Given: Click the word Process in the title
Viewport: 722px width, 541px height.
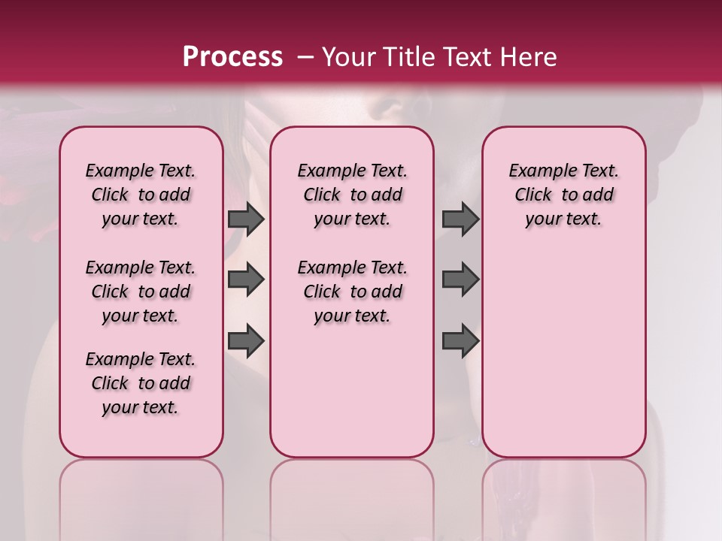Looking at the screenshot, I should coord(232,56).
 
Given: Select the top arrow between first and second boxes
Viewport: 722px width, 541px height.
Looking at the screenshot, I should coord(246,219).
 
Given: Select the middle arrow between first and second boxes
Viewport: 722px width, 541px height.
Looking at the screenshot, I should coord(246,280).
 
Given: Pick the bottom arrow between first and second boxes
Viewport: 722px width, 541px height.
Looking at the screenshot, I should coord(246,341).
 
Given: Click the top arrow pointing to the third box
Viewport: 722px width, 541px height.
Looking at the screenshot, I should coord(460,219).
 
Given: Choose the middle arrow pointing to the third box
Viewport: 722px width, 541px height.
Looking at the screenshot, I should coord(460,280).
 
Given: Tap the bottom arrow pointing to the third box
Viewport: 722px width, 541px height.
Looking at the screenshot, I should coord(460,341).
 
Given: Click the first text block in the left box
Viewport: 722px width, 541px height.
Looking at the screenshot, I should coord(141,195).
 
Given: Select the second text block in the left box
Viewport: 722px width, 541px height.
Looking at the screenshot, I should coord(141,292).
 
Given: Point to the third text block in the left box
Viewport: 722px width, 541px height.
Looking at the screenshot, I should coord(141,383).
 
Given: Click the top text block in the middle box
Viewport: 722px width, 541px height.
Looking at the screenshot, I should coord(352,195).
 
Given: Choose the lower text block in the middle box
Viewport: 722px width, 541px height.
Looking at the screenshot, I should coord(352,292).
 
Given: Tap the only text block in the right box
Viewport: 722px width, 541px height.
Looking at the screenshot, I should coord(563,195).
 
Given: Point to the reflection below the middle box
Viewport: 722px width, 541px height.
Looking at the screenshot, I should coord(352,496).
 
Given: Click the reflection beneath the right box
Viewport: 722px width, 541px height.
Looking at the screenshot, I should coord(563,496).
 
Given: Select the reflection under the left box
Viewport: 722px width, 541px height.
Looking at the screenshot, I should coord(141,496).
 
